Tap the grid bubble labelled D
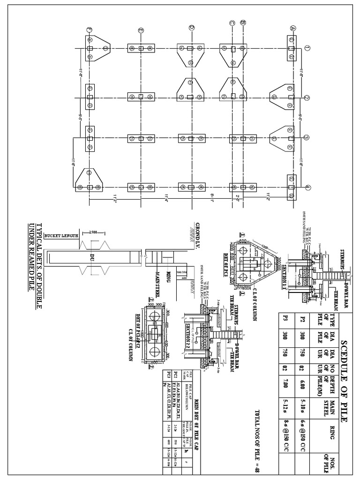pos(191,27)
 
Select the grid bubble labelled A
pos(292,28)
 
